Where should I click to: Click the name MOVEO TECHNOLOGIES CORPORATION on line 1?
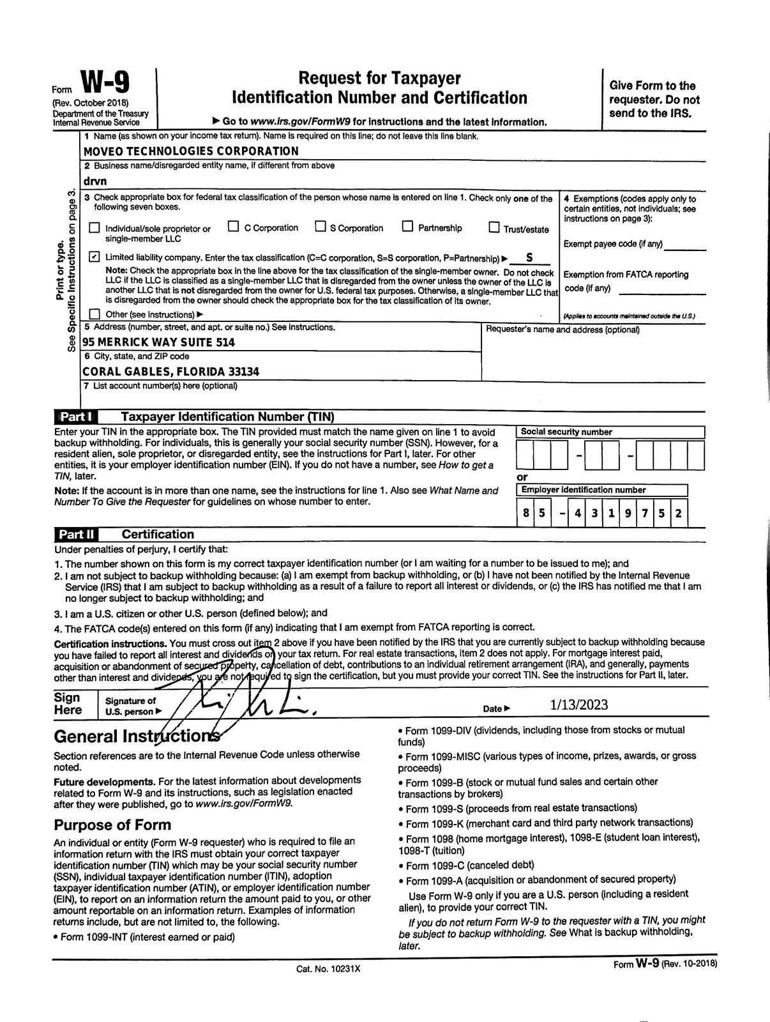pyautogui.click(x=190, y=151)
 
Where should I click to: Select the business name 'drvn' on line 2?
pyautogui.click(x=94, y=181)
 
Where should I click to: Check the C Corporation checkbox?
pyautogui.click(x=234, y=227)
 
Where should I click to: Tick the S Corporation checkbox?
pyautogui.click(x=320, y=227)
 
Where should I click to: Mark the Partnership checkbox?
pyautogui.click(x=407, y=227)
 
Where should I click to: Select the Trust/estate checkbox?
pyautogui.click(x=494, y=227)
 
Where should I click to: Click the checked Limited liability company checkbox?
pyautogui.click(x=94, y=257)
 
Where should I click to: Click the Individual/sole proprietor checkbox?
pyautogui.click(x=94, y=227)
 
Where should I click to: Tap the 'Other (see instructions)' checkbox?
pyautogui.click(x=94, y=314)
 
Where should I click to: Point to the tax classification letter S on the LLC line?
pyautogui.click(x=529, y=258)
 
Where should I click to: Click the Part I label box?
pyautogui.click(x=77, y=416)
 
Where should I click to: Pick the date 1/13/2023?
pyautogui.click(x=579, y=705)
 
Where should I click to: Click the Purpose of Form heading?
pyautogui.click(x=112, y=825)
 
